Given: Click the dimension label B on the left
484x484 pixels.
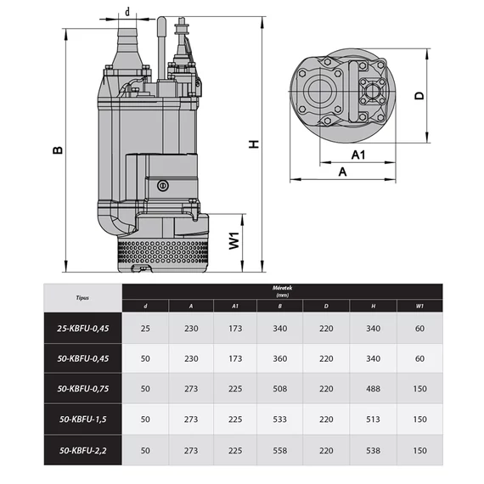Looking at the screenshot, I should click(x=57, y=149).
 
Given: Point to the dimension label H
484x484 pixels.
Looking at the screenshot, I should click(x=252, y=144).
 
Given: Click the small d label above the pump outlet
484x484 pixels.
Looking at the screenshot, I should click(x=127, y=12).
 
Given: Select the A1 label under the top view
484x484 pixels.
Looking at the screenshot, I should click(x=357, y=155).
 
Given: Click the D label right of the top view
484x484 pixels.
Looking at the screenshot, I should click(x=418, y=96).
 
